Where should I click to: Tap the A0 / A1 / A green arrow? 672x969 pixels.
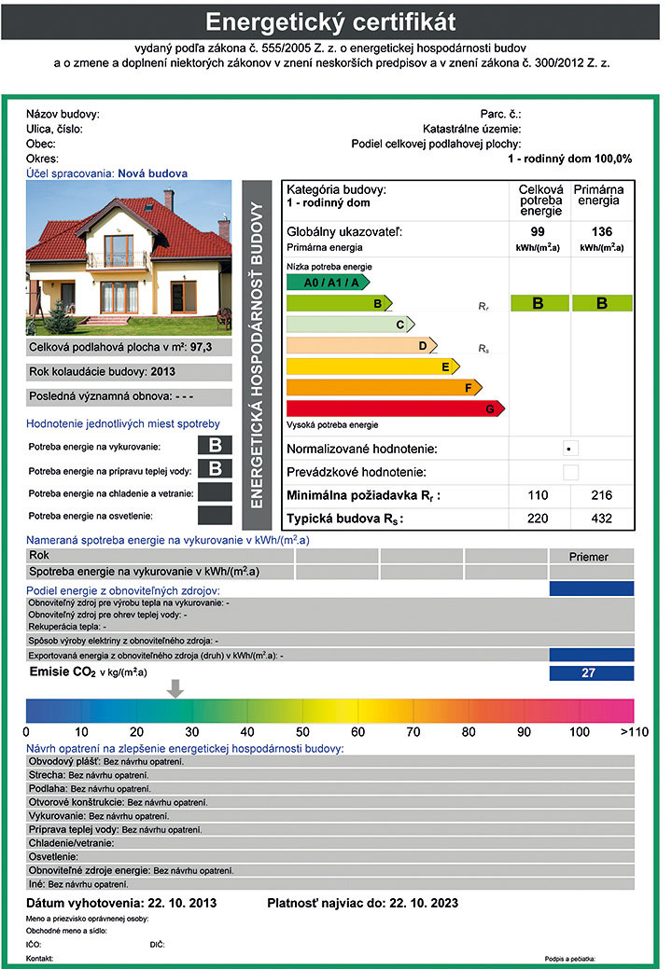tap(328, 282)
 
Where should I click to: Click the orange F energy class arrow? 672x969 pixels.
tap(383, 387)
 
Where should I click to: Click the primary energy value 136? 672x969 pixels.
tap(602, 230)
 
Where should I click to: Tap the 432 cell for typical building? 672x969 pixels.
tap(602, 519)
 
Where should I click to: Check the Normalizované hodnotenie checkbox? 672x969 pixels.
tap(570, 449)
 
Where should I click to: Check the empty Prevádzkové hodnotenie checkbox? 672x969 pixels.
tap(570, 472)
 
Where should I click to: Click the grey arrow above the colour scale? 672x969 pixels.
tap(175, 688)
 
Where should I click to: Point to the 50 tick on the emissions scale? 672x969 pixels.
tap(302, 731)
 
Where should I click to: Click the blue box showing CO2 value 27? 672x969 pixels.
tap(592, 672)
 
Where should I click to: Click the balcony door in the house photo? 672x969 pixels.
tap(117, 251)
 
